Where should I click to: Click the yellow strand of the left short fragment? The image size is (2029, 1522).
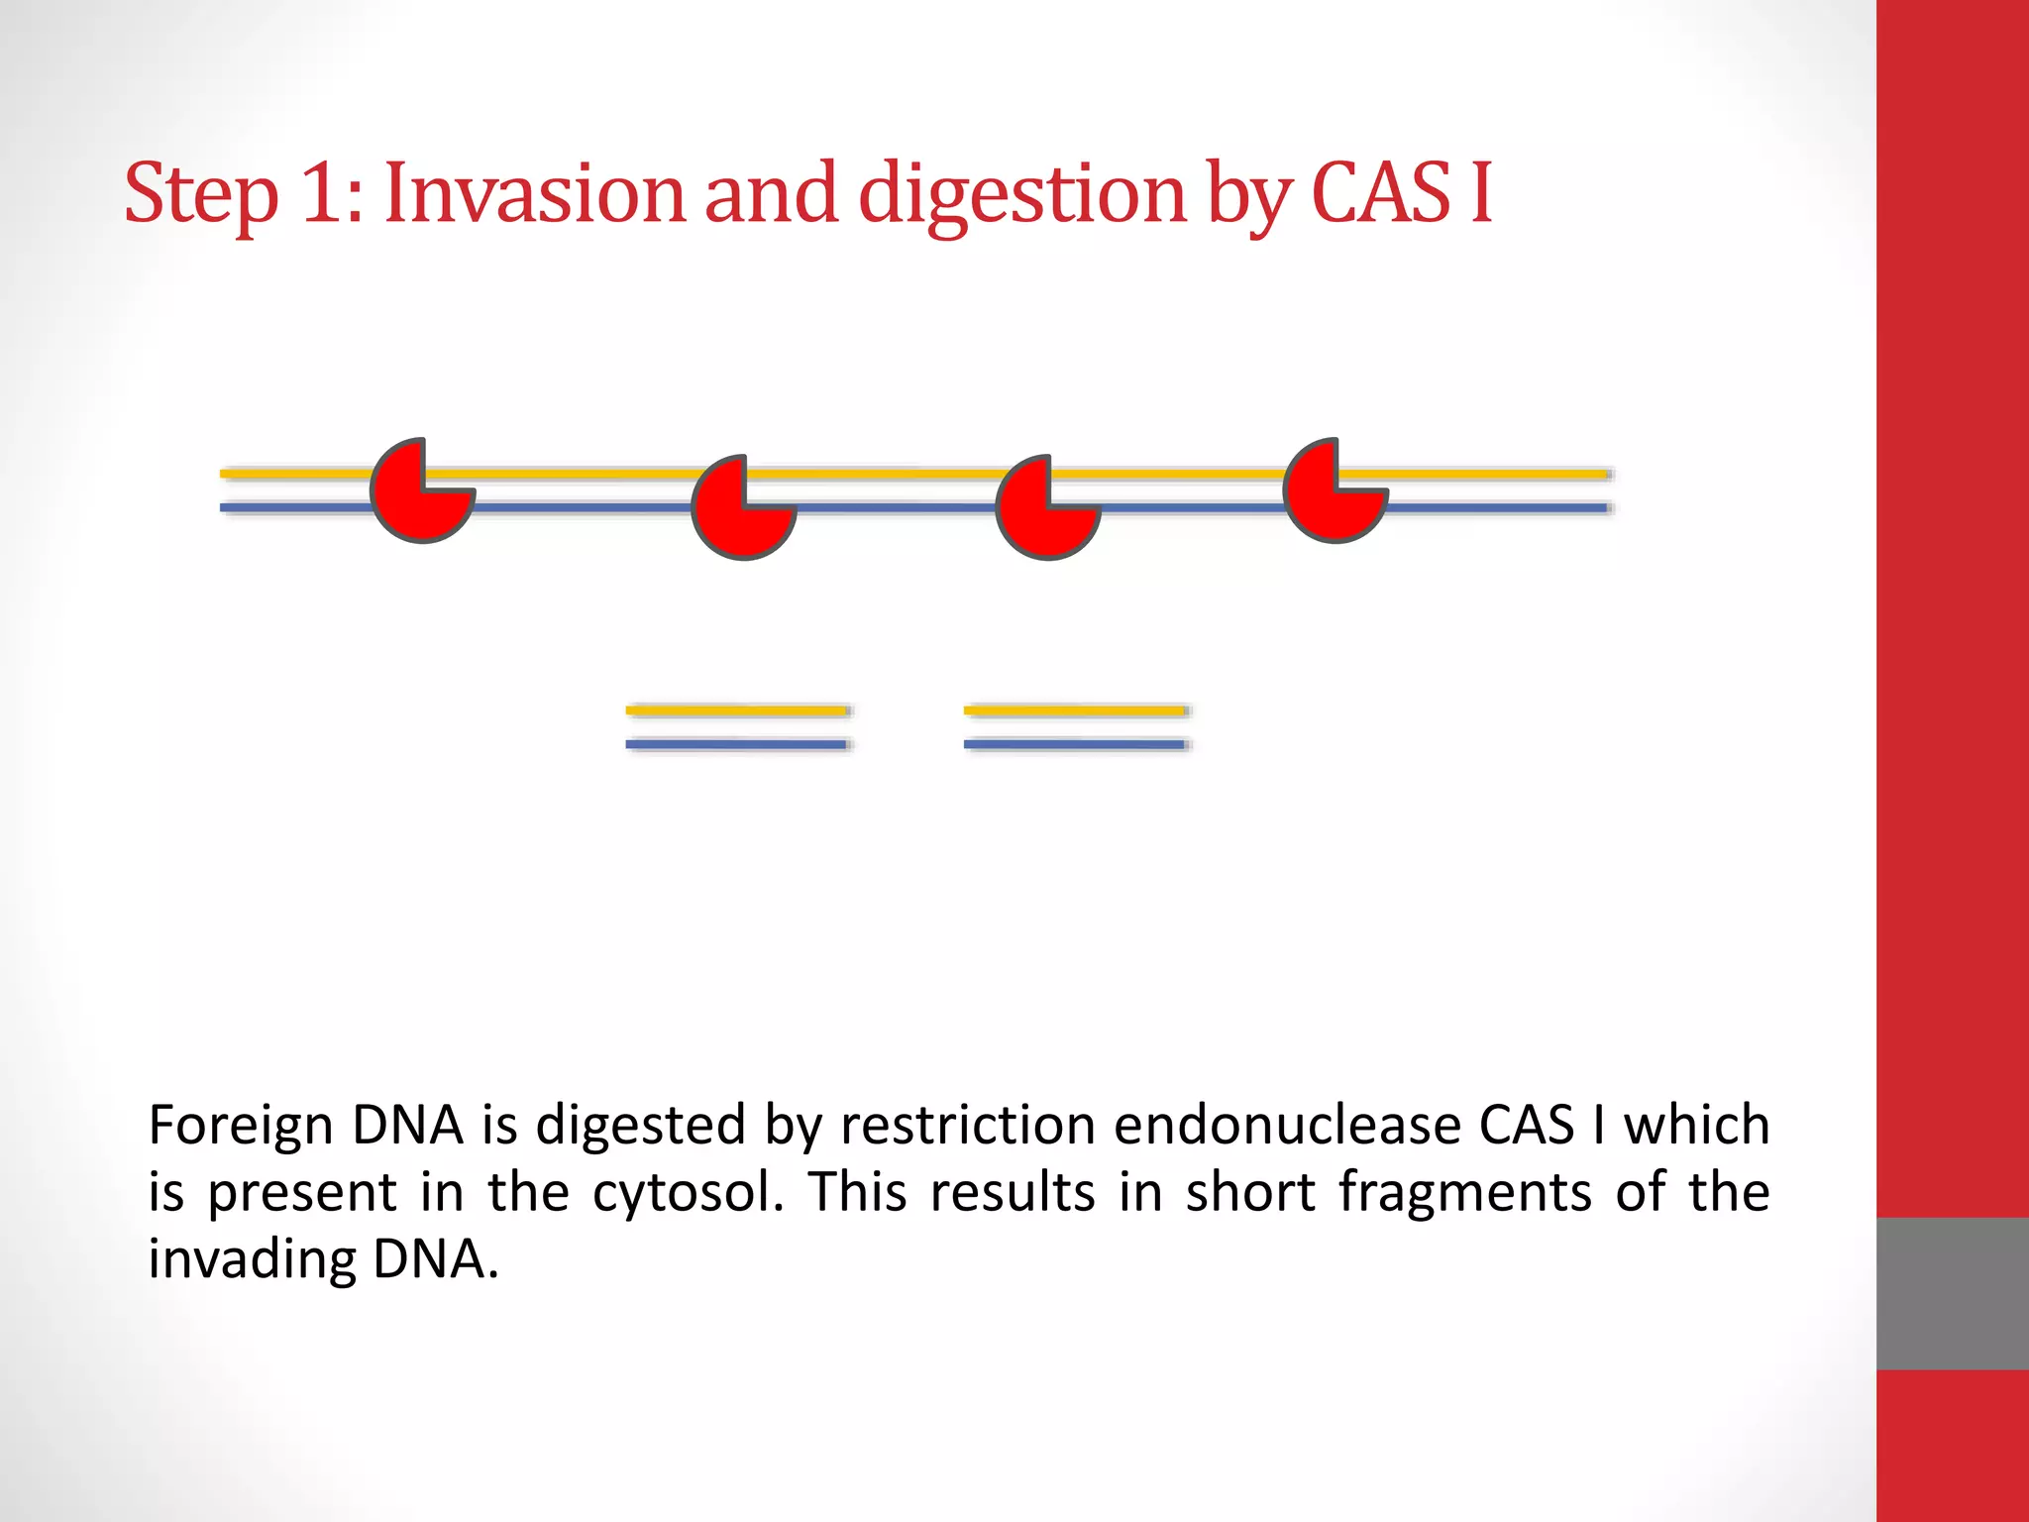pyautogui.click(x=737, y=710)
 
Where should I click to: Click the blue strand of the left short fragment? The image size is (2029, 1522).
pyautogui.click(x=737, y=744)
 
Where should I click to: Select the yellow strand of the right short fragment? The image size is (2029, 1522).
pyautogui.click(x=1076, y=710)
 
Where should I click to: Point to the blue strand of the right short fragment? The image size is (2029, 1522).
pyautogui.click(x=1076, y=744)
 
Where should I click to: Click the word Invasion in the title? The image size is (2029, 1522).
pyautogui.click(x=534, y=193)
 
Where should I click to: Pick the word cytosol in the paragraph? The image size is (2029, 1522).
pyautogui.click(x=688, y=1194)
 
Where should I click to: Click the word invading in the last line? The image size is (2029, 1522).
pyautogui.click(x=252, y=1260)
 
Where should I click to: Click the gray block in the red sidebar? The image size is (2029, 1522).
pyautogui.click(x=1952, y=1293)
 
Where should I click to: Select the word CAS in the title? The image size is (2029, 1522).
pyautogui.click(x=1381, y=193)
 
